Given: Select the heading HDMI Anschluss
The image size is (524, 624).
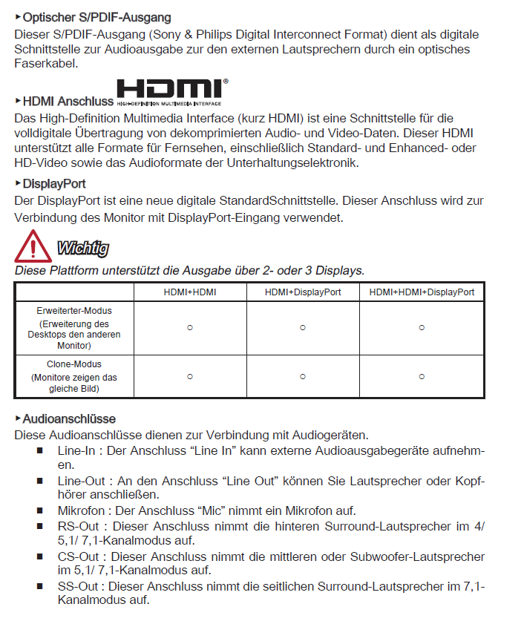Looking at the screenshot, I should (68, 101).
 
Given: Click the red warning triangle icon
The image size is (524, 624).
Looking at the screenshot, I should (33, 246).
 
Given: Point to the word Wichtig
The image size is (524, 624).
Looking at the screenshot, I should (82, 248).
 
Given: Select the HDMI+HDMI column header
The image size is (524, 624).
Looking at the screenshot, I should (190, 292).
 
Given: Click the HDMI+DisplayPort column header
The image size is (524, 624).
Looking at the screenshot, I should (303, 292).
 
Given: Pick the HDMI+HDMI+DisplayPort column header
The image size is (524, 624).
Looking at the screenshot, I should (422, 292).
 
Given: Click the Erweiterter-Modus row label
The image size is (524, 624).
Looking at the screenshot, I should (74, 310).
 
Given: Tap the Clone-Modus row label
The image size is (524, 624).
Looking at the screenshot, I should (74, 364).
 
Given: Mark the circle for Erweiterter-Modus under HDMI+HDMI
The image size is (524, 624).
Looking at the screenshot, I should (190, 327).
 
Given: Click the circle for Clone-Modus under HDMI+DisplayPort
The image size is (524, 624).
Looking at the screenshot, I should (303, 377).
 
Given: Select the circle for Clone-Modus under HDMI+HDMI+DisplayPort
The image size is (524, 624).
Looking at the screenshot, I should (422, 377).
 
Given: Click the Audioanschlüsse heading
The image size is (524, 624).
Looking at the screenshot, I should (69, 419).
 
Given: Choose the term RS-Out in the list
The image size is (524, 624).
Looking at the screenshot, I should (78, 526).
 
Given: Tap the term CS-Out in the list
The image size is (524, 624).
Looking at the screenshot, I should (78, 556).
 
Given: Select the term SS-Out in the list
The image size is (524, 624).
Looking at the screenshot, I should (78, 586).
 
